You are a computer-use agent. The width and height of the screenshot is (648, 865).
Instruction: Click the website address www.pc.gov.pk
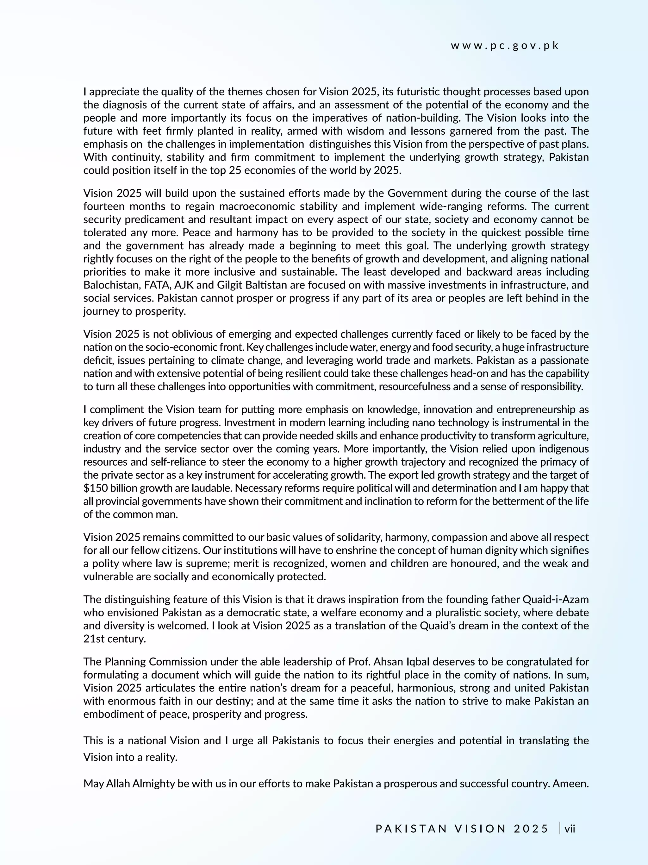505,46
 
